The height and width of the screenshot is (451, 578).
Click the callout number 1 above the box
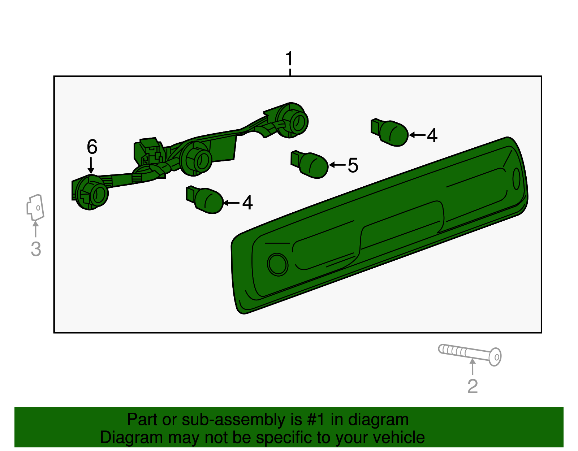click(289, 58)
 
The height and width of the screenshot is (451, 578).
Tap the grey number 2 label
click(473, 386)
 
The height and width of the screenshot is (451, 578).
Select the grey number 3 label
click(36, 249)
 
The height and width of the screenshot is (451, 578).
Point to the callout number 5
click(353, 165)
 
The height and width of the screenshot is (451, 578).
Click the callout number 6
click(92, 147)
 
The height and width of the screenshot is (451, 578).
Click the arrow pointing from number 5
click(337, 165)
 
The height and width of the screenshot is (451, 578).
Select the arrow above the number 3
click(35, 229)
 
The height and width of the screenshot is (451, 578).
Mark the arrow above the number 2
click(472, 366)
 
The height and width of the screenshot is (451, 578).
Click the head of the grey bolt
click(495, 357)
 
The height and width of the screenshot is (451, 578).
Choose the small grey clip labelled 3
click(35, 207)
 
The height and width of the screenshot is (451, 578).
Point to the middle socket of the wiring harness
click(196, 159)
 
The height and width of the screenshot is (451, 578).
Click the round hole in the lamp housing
click(277, 264)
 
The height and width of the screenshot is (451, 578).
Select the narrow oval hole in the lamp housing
click(516, 179)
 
